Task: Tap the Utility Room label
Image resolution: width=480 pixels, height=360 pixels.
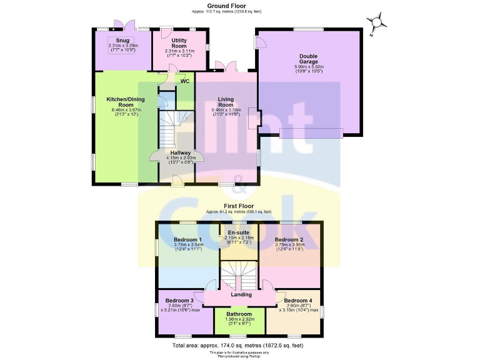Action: click(x=179, y=42)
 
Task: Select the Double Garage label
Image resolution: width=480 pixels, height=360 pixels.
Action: click(x=309, y=59)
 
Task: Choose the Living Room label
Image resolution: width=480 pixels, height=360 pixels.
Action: click(x=226, y=102)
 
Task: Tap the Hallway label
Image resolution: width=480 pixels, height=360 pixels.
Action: click(x=181, y=152)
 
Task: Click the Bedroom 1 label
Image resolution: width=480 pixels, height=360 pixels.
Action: click(x=187, y=240)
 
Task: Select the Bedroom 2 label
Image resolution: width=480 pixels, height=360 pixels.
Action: click(x=289, y=240)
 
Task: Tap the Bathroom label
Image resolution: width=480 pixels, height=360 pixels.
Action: click(x=239, y=314)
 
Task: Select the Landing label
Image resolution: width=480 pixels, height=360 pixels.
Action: click(x=241, y=294)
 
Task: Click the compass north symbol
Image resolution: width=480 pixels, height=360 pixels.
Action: click(x=376, y=23)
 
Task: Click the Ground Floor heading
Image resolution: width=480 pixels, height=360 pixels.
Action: click(x=240, y=5)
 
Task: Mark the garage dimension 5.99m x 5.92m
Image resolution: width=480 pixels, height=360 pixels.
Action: click(x=309, y=67)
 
